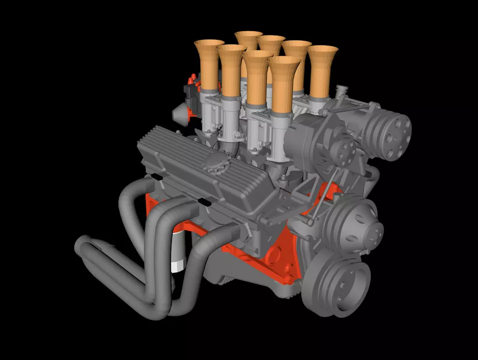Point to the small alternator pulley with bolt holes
tap(346, 150)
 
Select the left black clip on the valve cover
tap(156, 176)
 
